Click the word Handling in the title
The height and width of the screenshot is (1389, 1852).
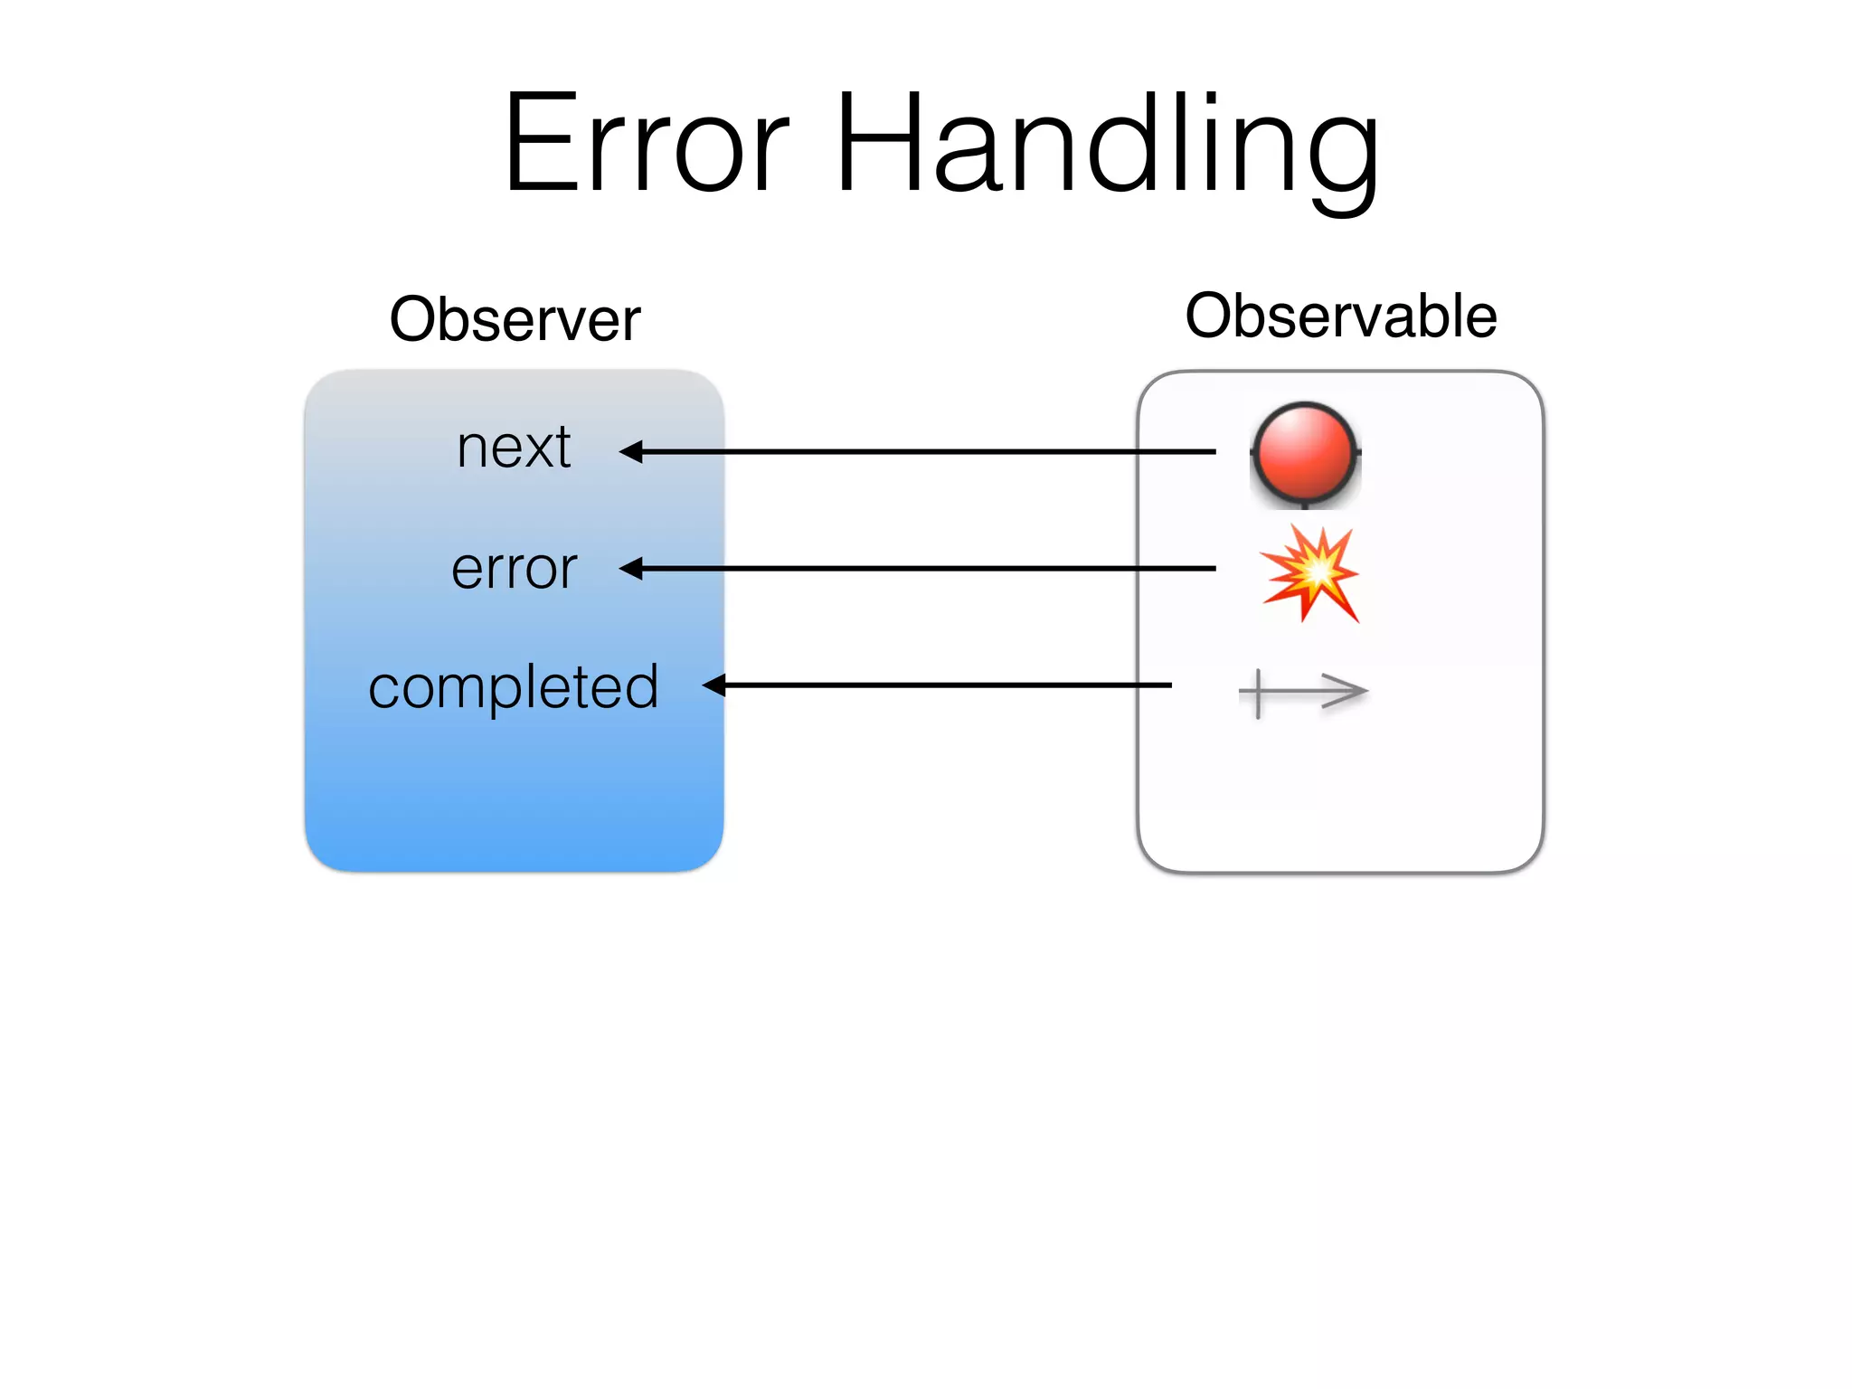click(1108, 145)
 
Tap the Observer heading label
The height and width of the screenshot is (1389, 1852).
click(515, 320)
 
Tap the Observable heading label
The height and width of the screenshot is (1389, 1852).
click(1341, 317)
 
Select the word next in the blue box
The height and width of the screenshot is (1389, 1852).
click(514, 448)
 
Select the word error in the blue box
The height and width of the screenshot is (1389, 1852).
click(514, 569)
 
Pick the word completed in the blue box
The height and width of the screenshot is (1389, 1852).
click(514, 687)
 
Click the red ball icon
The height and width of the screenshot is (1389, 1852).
click(1305, 454)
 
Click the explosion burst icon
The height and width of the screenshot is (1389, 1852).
click(1310, 573)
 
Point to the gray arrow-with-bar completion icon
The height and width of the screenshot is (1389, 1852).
click(1303, 694)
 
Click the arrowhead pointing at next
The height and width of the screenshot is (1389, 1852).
click(631, 451)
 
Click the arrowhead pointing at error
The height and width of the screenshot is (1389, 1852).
click(631, 568)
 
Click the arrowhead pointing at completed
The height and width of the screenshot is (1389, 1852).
click(714, 685)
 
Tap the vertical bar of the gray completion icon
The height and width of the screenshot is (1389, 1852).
click(1258, 694)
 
